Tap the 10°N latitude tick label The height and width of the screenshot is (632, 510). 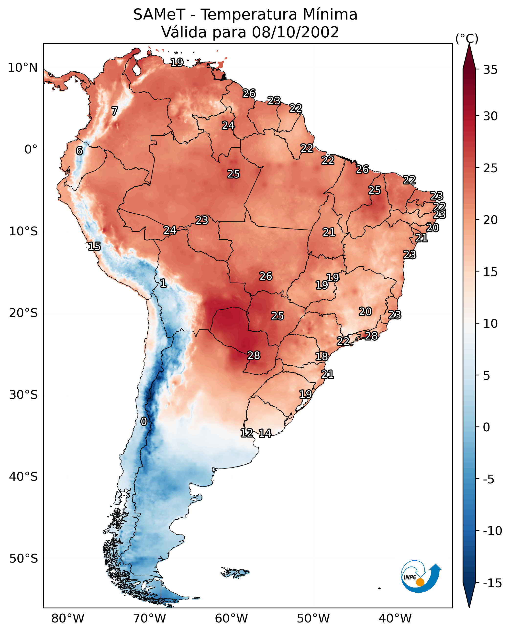23,68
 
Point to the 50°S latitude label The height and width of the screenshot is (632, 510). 23,558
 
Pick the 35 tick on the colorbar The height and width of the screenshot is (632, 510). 490,70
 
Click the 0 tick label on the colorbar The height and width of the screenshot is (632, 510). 487,427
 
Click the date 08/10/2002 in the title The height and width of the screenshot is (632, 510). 295,32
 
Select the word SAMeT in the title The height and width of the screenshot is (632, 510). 159,15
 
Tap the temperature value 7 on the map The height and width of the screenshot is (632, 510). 115,111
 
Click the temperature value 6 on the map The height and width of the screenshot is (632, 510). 79,151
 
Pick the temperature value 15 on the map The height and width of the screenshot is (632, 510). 94,246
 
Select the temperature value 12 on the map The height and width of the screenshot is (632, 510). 247,433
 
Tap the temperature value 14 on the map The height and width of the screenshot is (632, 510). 265,434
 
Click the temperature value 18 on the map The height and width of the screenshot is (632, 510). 322,357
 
